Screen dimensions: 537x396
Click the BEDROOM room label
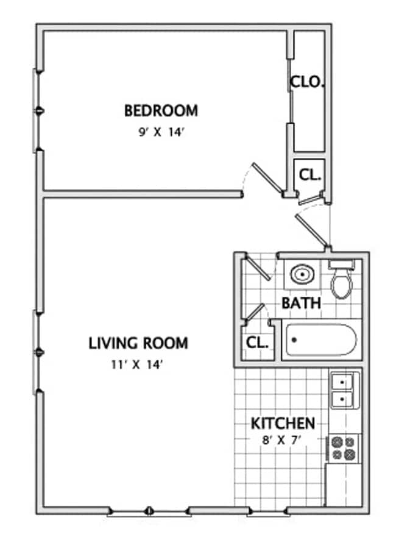point(161,111)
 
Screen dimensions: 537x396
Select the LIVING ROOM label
point(138,343)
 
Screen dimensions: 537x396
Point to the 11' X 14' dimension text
point(138,365)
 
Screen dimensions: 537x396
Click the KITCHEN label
point(283,423)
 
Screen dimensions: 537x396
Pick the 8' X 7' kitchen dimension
point(283,440)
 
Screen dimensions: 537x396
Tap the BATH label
point(301,303)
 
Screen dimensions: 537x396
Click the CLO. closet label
point(306,82)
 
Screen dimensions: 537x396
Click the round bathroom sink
point(302,275)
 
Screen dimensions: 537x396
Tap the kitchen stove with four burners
point(343,448)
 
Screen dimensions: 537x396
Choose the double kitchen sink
point(345,391)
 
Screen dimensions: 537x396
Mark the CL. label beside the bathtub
point(257,343)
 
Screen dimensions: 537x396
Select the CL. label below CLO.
point(310,175)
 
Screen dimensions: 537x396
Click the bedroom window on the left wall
point(37,110)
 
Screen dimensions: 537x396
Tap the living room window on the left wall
point(37,352)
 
